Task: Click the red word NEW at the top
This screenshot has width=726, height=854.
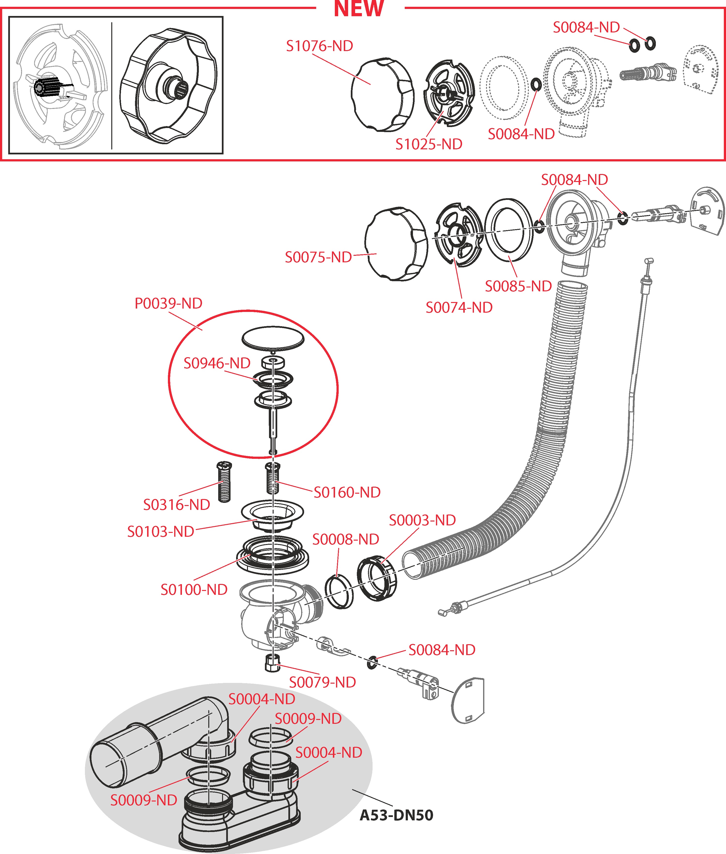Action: pyautogui.click(x=359, y=9)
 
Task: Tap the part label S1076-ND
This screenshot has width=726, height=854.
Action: pyautogui.click(x=319, y=46)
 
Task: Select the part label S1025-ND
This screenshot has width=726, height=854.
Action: pyautogui.click(x=429, y=144)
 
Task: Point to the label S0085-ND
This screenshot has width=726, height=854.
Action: pyautogui.click(x=518, y=286)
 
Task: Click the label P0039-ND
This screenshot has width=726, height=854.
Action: pyautogui.click(x=168, y=303)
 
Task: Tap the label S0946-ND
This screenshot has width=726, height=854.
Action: pyautogui.click(x=217, y=363)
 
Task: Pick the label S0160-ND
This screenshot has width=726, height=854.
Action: pyautogui.click(x=347, y=492)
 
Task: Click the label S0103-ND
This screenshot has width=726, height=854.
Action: pyautogui.click(x=160, y=532)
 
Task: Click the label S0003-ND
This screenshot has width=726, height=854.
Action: pyautogui.click(x=422, y=520)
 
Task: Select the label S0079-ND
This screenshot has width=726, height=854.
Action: pyautogui.click(x=322, y=682)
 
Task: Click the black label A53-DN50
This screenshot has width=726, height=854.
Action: pyautogui.click(x=396, y=815)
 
